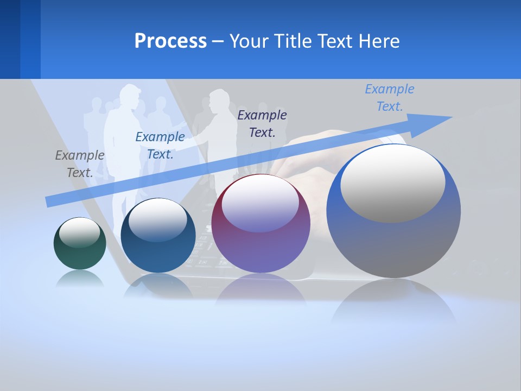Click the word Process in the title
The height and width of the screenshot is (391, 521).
[x=170, y=41]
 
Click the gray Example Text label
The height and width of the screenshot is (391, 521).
[x=80, y=164]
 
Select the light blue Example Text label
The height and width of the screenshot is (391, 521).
[x=390, y=98]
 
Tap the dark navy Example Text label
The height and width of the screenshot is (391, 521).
[x=262, y=123]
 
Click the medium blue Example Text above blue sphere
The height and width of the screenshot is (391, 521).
[x=160, y=146]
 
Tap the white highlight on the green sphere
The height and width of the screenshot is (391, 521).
[x=80, y=232]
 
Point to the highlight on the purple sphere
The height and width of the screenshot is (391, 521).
[x=260, y=204]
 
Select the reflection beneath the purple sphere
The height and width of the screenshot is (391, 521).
[x=260, y=288]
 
